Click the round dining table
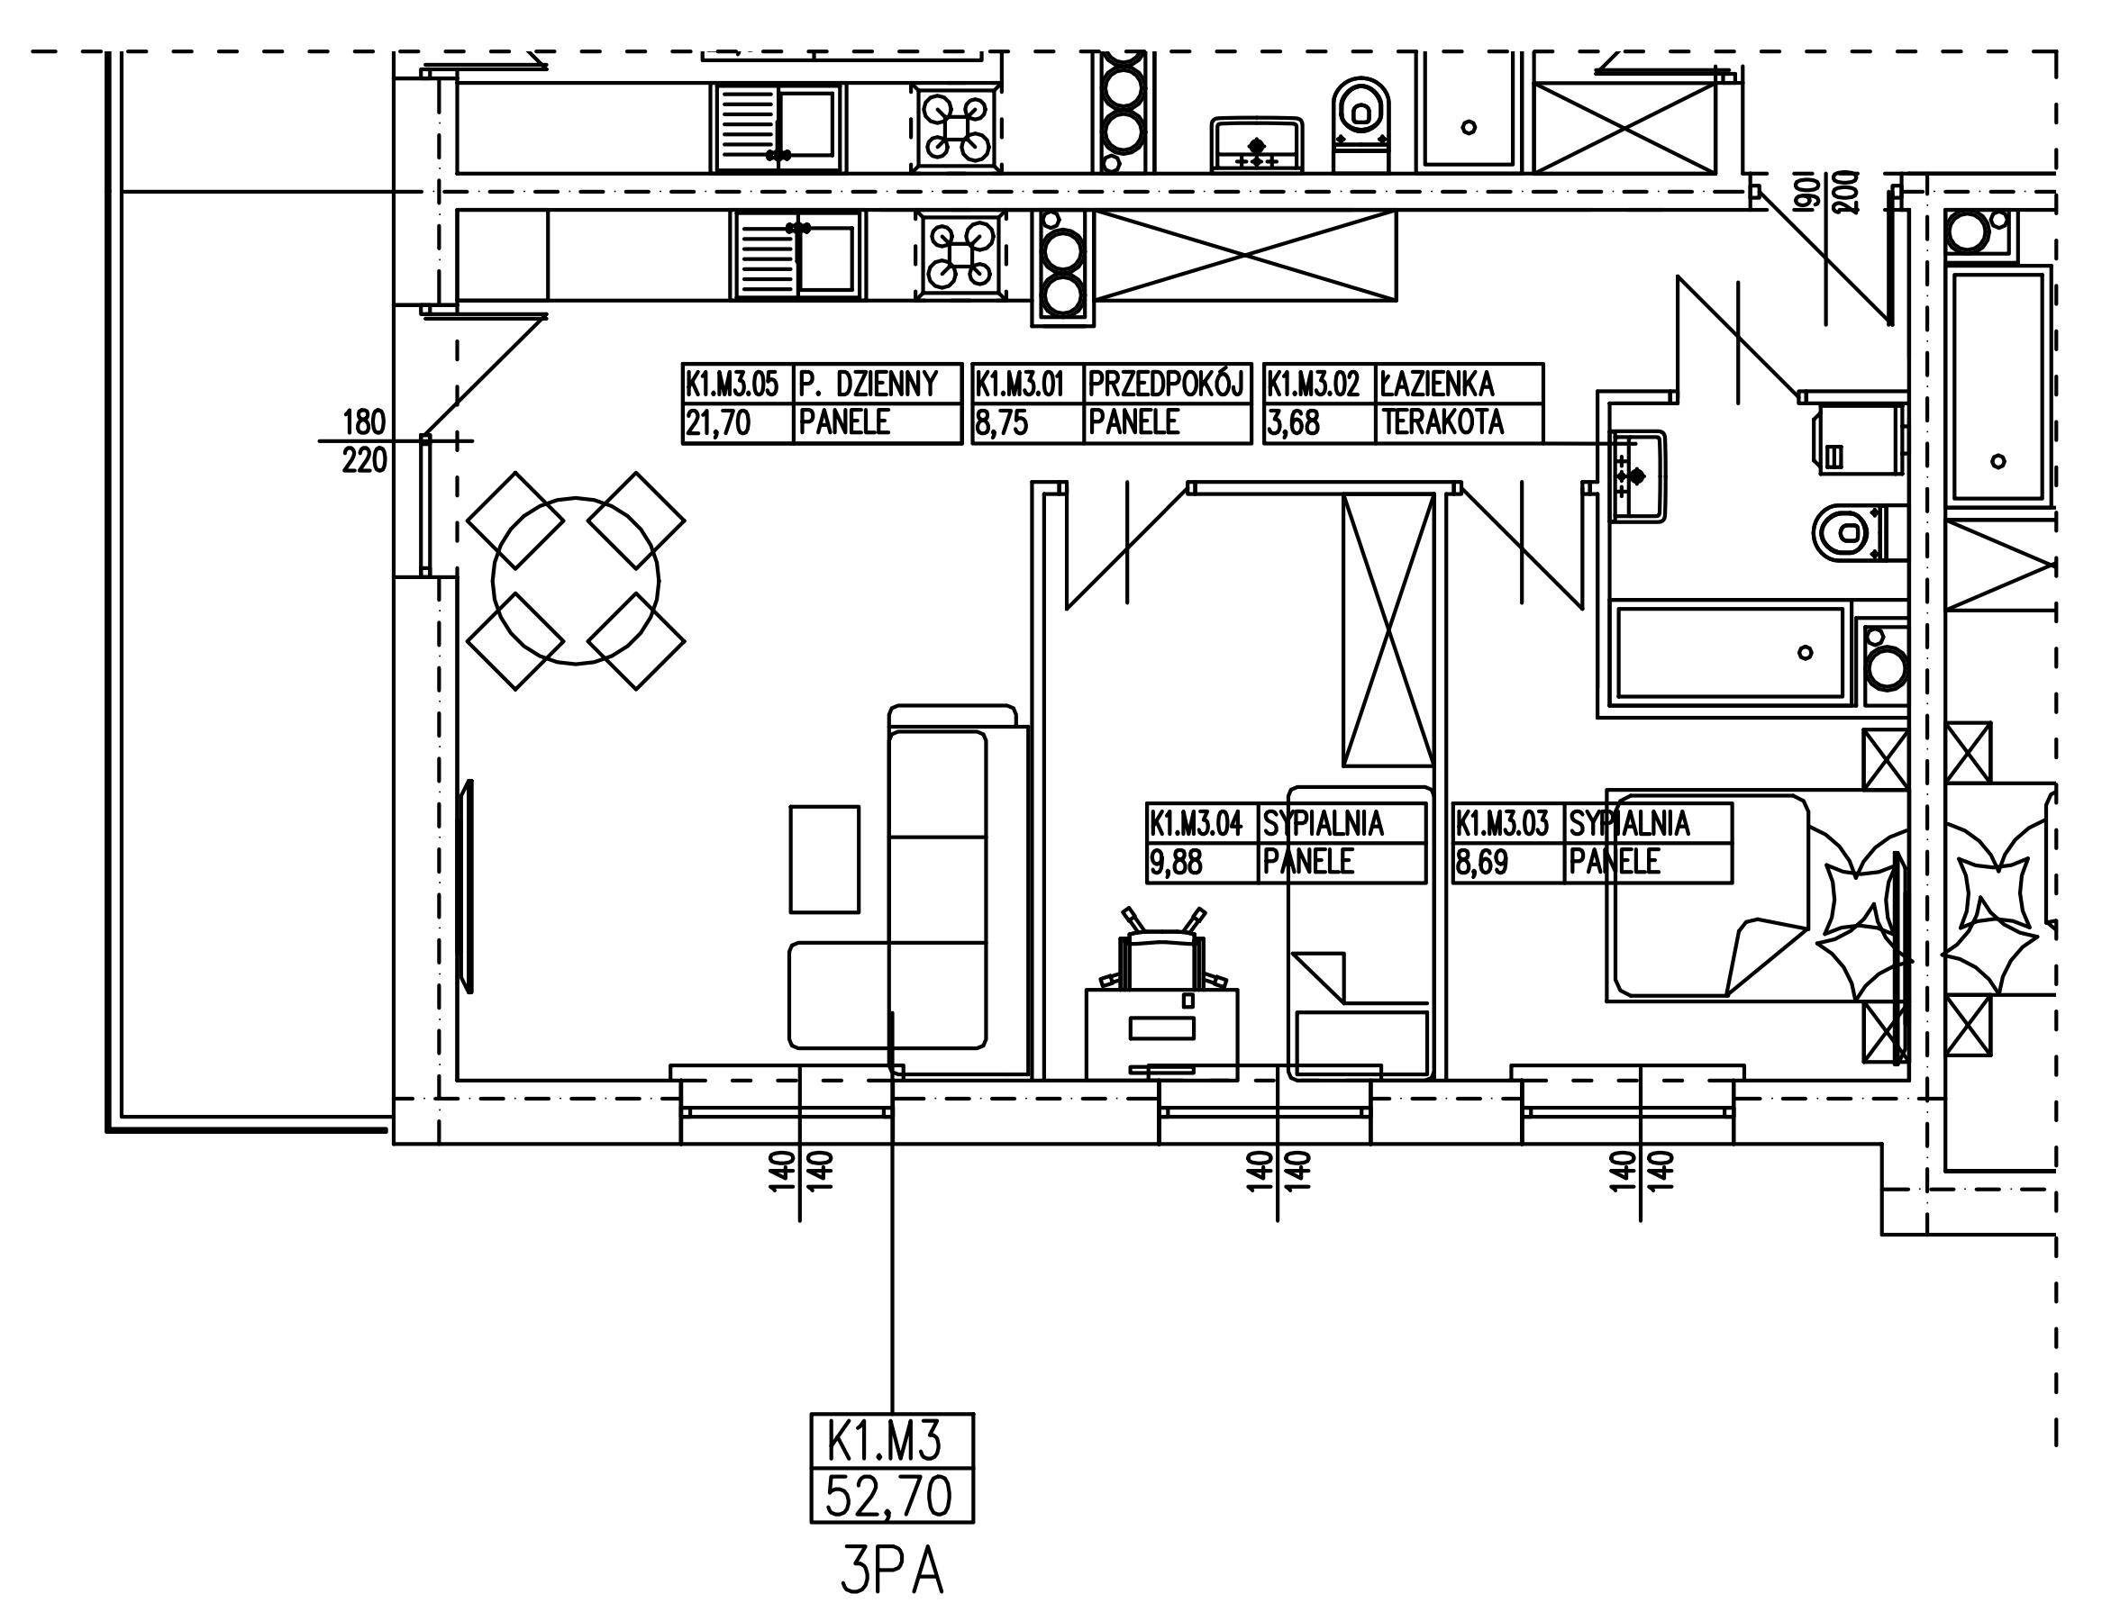click(x=576, y=581)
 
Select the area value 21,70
click(x=718, y=422)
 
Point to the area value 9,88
click(x=1176, y=862)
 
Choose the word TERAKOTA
click(x=1443, y=422)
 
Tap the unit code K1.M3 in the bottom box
click(x=884, y=1444)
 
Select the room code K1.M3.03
click(x=1503, y=824)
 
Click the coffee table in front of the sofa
click(x=824, y=859)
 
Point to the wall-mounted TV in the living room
click(x=468, y=886)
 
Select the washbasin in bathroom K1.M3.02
click(x=1638, y=475)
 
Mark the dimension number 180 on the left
click(x=364, y=422)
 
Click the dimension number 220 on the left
click(x=364, y=461)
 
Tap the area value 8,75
click(x=1001, y=422)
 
